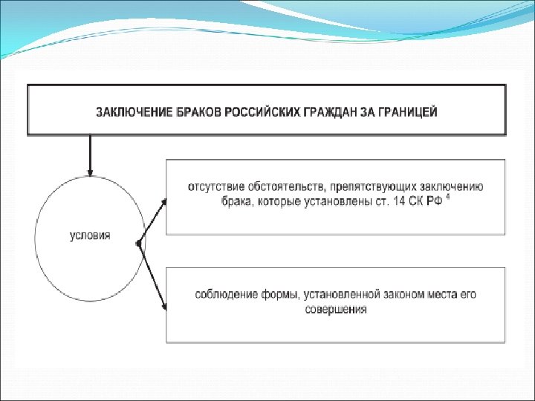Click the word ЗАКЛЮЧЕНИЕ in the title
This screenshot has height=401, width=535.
point(129,113)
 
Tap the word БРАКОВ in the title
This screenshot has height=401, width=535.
point(194,113)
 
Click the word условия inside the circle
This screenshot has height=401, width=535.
point(90,235)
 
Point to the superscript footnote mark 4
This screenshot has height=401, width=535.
point(449,198)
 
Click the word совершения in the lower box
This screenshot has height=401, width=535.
point(336,310)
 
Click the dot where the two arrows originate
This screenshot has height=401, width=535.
point(139,244)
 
